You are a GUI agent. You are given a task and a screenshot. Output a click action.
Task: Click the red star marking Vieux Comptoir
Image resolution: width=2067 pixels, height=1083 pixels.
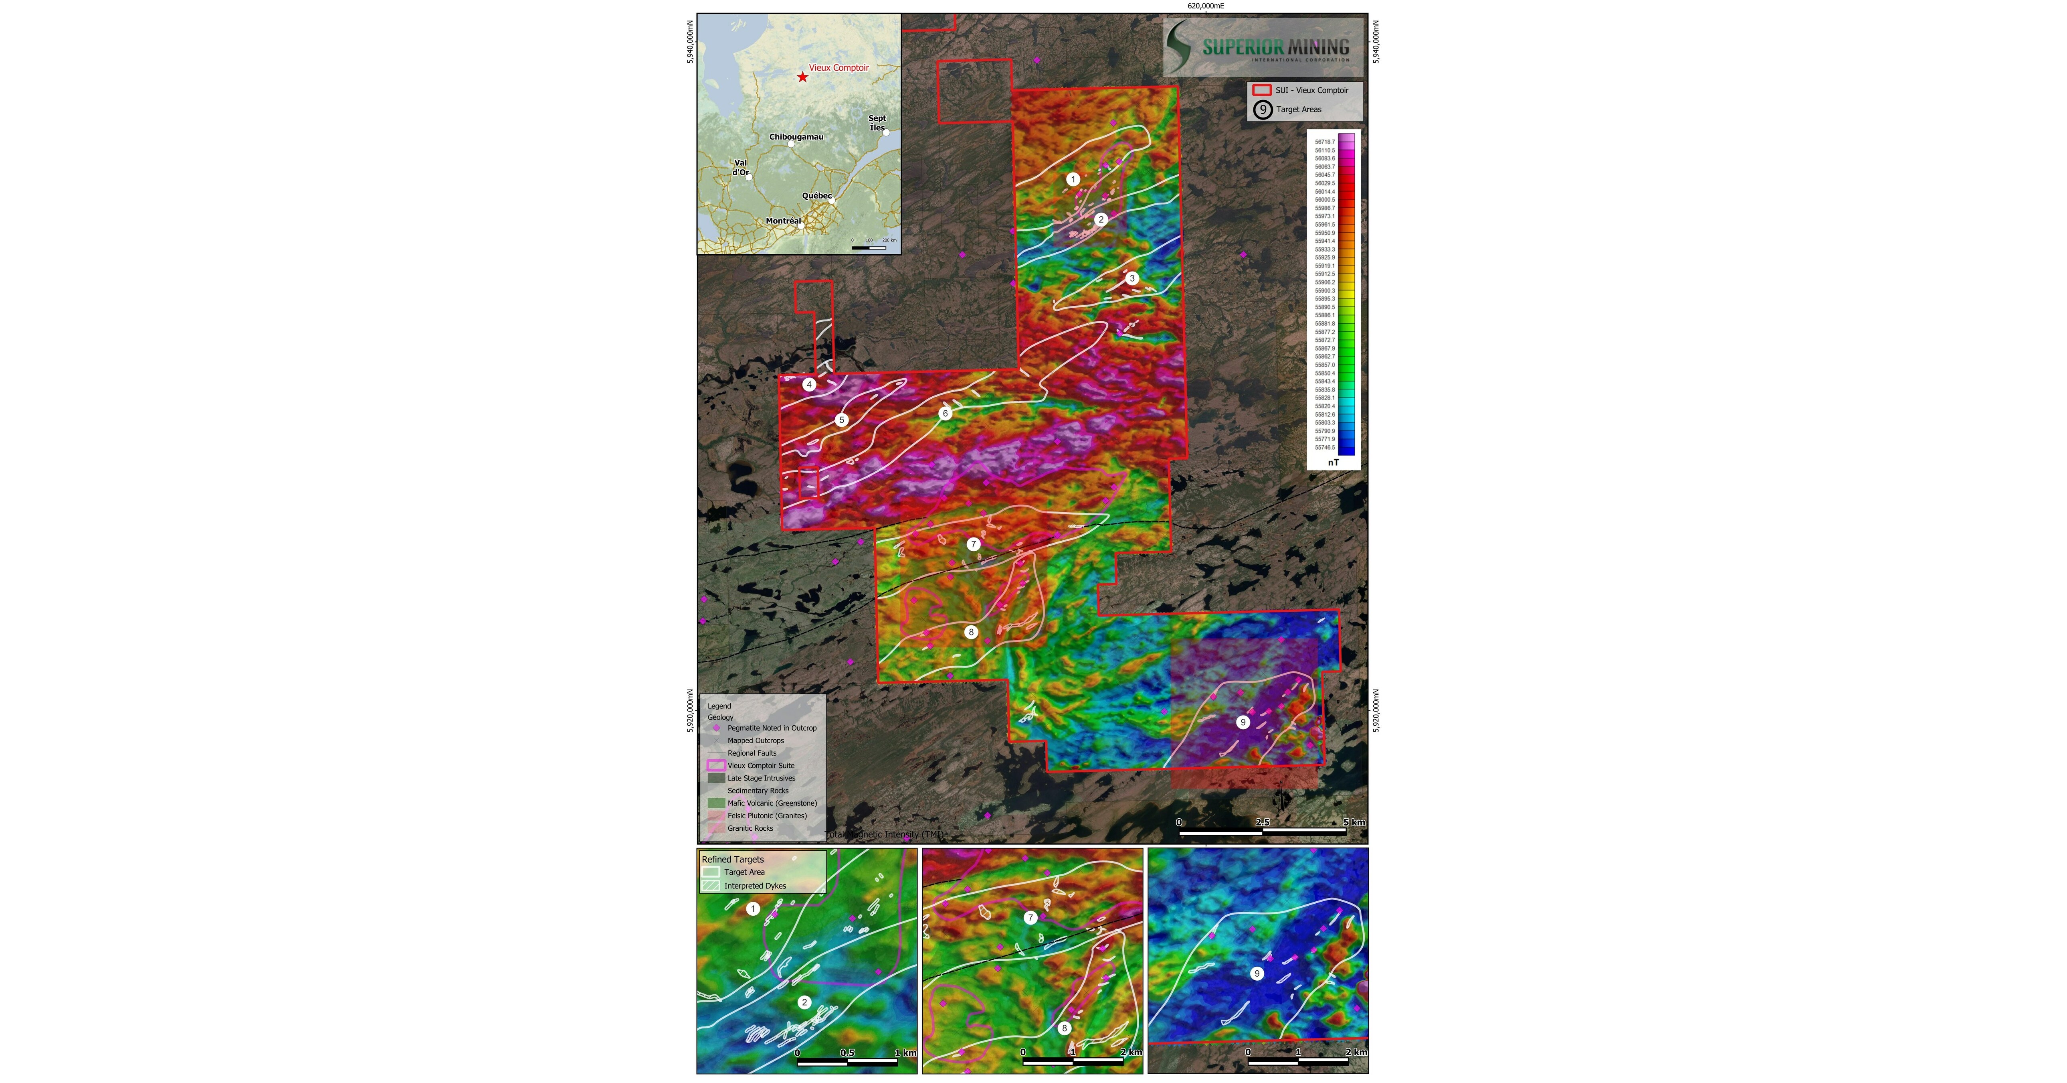[802, 77]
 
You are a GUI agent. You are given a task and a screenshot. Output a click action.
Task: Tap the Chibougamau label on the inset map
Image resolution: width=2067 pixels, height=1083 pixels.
[796, 136]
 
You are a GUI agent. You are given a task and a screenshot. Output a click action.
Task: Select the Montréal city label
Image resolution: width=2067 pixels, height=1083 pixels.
[783, 221]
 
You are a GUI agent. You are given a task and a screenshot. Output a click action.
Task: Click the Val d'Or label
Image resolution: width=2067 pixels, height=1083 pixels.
[740, 167]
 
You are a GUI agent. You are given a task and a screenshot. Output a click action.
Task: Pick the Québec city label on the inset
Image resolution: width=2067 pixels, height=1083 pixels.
[817, 196]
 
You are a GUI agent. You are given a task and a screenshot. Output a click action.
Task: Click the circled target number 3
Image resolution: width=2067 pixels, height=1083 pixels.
[1131, 279]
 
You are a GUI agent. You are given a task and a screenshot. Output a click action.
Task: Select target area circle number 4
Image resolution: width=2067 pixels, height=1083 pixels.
[809, 385]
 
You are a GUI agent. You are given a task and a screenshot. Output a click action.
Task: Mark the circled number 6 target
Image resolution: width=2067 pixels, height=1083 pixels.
[945, 414]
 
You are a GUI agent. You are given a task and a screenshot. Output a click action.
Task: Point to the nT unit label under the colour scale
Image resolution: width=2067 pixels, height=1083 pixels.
[1333, 462]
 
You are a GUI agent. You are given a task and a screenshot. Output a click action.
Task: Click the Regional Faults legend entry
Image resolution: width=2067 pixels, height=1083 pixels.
[752, 753]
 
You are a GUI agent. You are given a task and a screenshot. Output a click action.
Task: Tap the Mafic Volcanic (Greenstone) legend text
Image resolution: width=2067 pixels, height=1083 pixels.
[772, 803]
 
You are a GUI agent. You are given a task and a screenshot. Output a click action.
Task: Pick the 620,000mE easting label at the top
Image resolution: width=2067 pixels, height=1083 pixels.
[1205, 6]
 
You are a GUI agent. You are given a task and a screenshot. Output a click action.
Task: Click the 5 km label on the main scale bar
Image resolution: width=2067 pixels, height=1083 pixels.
[1354, 822]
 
